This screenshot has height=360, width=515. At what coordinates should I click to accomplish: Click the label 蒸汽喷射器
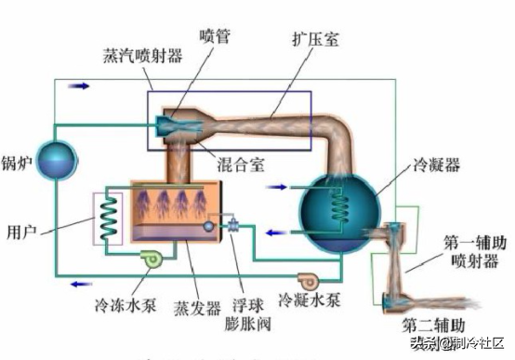pyautogui.click(x=142, y=54)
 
